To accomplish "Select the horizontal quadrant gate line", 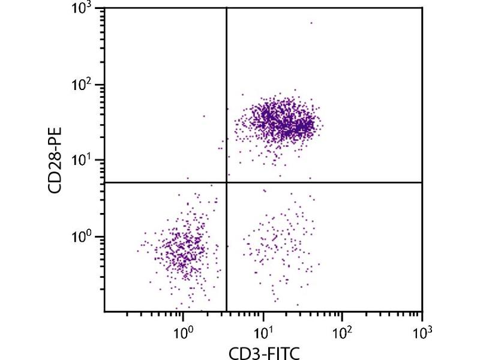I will point(324,182).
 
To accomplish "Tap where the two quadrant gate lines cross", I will point(226,182).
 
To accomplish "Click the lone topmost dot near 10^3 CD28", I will point(311,23).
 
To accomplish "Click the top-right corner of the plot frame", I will point(422,8).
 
